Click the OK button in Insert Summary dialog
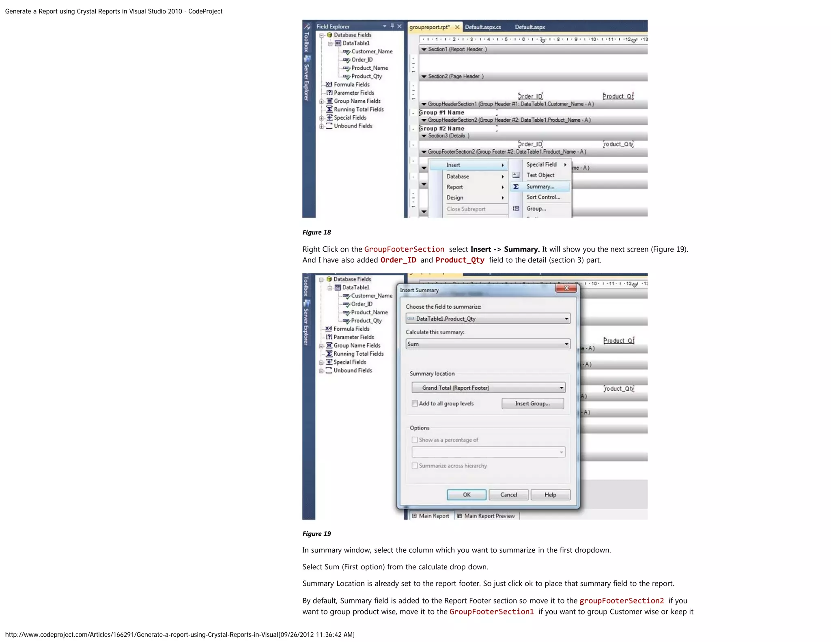coord(466,495)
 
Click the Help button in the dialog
coord(550,495)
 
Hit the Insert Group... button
coord(532,403)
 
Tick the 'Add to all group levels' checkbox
coord(415,403)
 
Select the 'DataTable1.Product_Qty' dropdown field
coord(488,319)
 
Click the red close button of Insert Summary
coord(566,288)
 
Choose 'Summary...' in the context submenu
coord(540,187)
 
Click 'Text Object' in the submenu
coord(540,175)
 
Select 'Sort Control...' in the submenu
coord(543,197)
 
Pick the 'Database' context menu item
coord(458,177)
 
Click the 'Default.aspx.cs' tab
coord(483,27)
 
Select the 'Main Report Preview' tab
coord(489,516)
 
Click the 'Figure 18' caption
coord(316,233)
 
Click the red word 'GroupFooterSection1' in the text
coord(491,612)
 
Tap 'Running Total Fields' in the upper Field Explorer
coord(358,110)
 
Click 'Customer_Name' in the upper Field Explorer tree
coord(372,52)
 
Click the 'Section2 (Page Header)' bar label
coord(455,76)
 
